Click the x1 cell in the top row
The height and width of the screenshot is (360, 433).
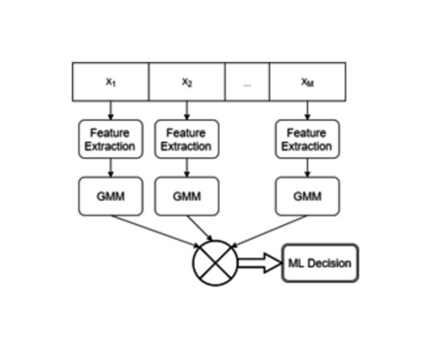point(111,82)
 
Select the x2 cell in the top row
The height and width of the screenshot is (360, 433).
point(187,82)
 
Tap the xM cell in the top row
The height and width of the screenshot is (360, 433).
point(307,82)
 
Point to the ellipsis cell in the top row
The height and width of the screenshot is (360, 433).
point(247,82)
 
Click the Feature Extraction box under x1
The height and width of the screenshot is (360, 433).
point(111,140)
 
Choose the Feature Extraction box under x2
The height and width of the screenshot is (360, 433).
point(187,140)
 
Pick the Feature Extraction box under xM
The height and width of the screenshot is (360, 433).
point(307,140)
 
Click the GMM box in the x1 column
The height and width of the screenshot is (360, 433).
point(111,196)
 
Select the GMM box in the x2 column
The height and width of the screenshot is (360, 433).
point(187,196)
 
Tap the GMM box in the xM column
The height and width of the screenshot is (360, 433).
point(307,196)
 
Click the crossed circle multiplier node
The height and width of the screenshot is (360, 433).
point(215,263)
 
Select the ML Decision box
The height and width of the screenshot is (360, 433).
point(320,263)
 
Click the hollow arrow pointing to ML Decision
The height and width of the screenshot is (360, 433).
point(259,263)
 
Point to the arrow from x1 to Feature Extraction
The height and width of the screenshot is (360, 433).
point(111,111)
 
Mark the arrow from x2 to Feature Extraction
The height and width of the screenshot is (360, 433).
point(187,111)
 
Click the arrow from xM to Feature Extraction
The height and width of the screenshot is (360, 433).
point(307,111)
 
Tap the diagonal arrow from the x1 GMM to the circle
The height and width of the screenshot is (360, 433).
point(155,231)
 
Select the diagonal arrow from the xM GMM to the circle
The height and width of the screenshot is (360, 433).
point(270,231)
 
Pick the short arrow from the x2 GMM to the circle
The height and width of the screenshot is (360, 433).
point(200,228)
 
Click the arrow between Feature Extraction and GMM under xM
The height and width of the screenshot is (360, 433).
point(307,168)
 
